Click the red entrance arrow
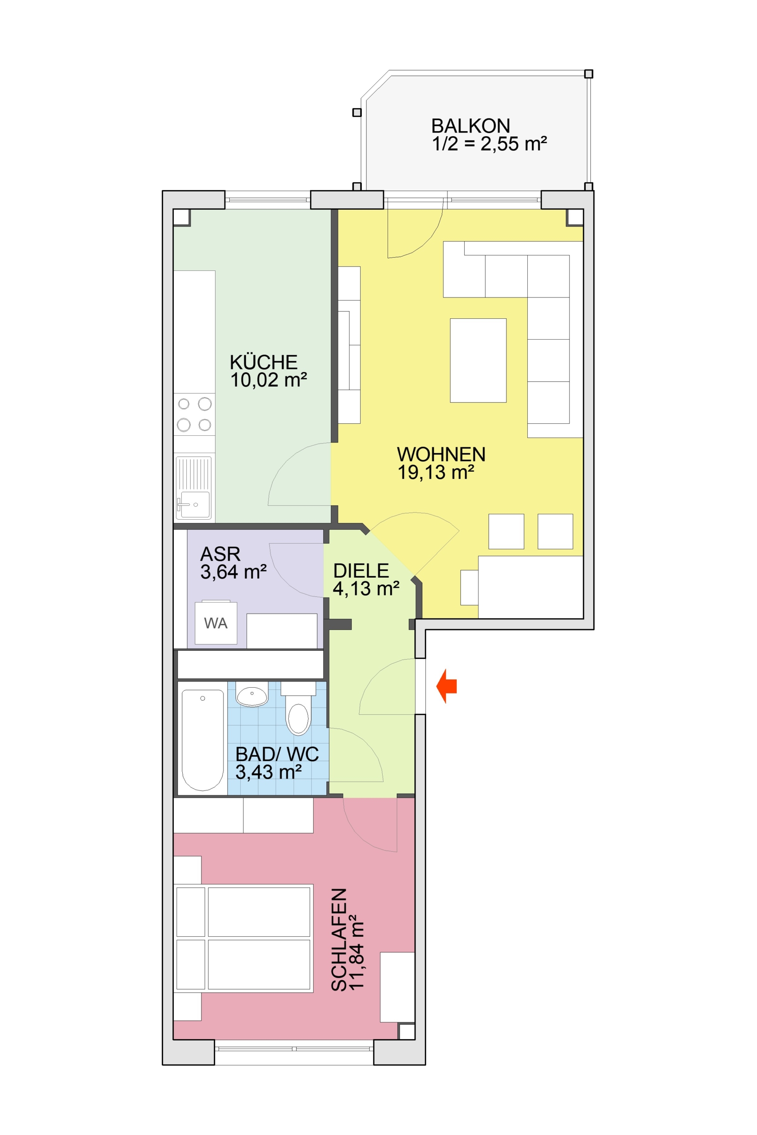pyautogui.click(x=446, y=686)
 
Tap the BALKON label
pyautogui.click(x=470, y=126)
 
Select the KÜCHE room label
pyautogui.click(x=263, y=362)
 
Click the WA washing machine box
pyautogui.click(x=216, y=622)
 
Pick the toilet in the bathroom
pyautogui.click(x=298, y=708)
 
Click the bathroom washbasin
pyautogui.click(x=251, y=694)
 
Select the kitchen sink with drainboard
pyautogui.click(x=194, y=487)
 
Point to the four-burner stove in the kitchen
pyautogui.click(x=194, y=414)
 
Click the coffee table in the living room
pyautogui.click(x=478, y=360)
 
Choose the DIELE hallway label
pyautogui.click(x=361, y=571)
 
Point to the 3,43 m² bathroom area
pyautogui.click(x=268, y=772)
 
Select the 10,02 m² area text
pyautogui.click(x=268, y=380)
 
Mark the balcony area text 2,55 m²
pyautogui.click(x=513, y=144)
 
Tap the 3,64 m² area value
pyautogui.click(x=233, y=572)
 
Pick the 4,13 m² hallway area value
pyautogui.click(x=366, y=589)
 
